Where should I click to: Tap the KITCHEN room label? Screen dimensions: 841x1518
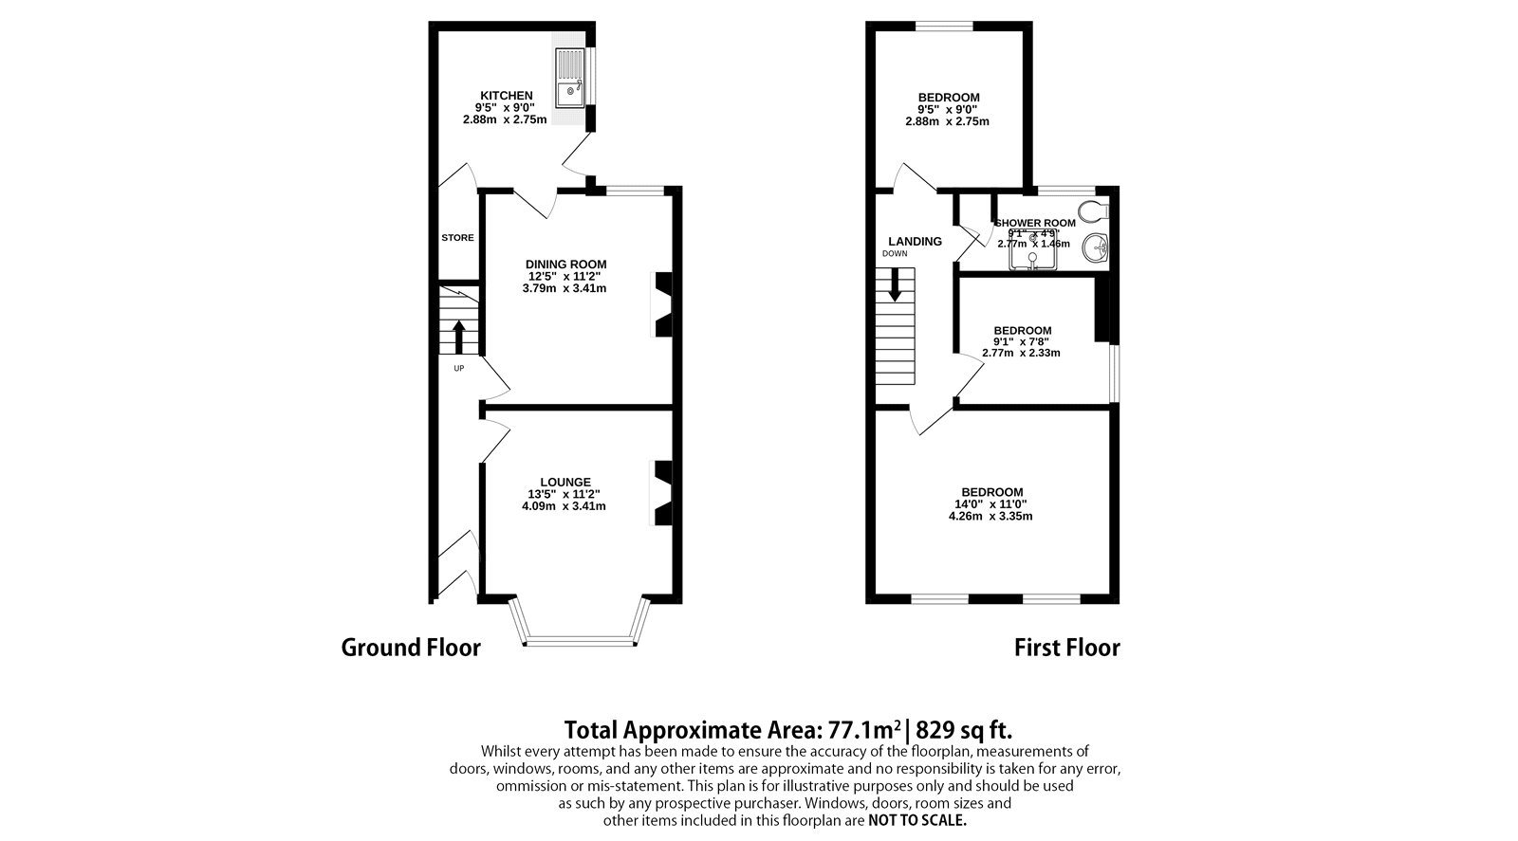click(x=506, y=96)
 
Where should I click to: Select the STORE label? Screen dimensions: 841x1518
click(x=457, y=238)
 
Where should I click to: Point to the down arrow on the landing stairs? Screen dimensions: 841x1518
click(x=894, y=284)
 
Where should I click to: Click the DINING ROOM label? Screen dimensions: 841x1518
click(x=565, y=265)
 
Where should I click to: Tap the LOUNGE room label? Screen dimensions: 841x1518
click(x=565, y=483)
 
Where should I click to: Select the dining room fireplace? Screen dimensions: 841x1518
click(x=661, y=304)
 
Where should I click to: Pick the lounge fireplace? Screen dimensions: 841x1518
click(x=661, y=493)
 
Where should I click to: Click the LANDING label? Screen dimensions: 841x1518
click(x=915, y=242)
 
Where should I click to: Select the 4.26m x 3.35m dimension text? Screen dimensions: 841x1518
click(x=990, y=517)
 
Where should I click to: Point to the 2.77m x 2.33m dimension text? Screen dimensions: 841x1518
click(x=1021, y=353)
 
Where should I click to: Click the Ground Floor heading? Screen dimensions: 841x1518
click(x=411, y=648)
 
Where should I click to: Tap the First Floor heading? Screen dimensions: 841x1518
click(x=1066, y=648)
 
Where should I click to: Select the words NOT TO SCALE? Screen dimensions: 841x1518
click(x=917, y=820)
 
